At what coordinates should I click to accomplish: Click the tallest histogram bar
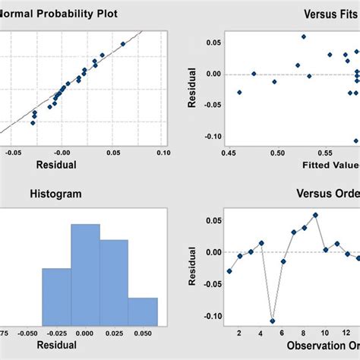pyautogui.click(x=85, y=274)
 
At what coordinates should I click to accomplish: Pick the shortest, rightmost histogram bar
pyautogui.click(x=143, y=311)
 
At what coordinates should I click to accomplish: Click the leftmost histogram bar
pyautogui.click(x=56, y=296)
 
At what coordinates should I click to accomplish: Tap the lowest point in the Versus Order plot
pyautogui.click(x=272, y=321)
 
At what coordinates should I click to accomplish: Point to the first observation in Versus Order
pyautogui.click(x=229, y=271)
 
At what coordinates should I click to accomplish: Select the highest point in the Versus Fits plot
pyautogui.click(x=303, y=36)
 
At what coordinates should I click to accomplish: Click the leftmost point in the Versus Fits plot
pyautogui.click(x=239, y=93)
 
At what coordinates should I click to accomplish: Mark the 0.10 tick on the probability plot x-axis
pyautogui.click(x=163, y=153)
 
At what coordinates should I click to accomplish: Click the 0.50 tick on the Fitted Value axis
pyautogui.click(x=278, y=153)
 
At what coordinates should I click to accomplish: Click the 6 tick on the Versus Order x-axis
pyautogui.click(x=282, y=332)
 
